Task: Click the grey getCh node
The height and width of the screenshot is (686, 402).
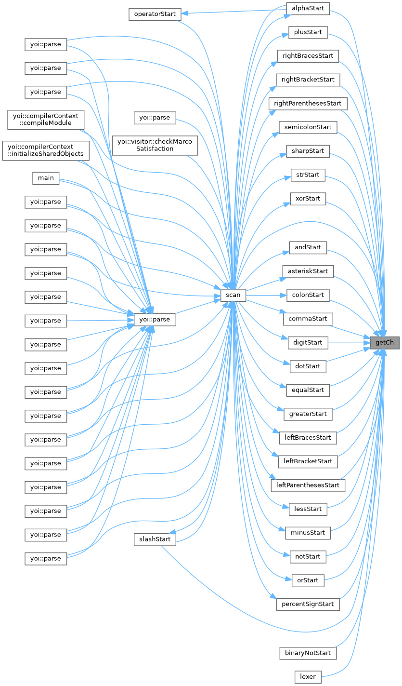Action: (x=385, y=343)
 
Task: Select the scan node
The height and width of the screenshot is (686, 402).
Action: (x=233, y=295)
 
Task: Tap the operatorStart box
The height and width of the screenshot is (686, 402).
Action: (x=155, y=14)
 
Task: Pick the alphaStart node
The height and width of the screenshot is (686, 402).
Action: (x=308, y=9)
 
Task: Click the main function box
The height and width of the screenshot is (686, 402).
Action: (x=46, y=178)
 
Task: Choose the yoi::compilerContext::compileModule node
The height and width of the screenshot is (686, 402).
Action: (x=46, y=119)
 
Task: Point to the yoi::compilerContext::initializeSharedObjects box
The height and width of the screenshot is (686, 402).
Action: (x=46, y=150)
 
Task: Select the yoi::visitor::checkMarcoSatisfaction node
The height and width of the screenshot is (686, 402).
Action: (x=155, y=145)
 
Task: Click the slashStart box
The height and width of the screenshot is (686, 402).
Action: (x=155, y=539)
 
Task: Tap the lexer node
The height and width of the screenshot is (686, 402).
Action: (x=308, y=676)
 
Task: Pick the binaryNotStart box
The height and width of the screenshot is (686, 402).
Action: (x=308, y=653)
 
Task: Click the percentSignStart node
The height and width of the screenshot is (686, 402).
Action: (x=308, y=604)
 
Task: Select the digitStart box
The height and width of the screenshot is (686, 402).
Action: (x=308, y=343)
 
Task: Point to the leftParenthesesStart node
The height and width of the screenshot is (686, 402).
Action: (x=308, y=485)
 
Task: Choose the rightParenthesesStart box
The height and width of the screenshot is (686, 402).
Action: (x=308, y=104)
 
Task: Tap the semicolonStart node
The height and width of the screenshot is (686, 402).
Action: (x=308, y=127)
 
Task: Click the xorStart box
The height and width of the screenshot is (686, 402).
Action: (x=308, y=198)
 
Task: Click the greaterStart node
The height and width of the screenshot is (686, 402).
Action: (x=308, y=414)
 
